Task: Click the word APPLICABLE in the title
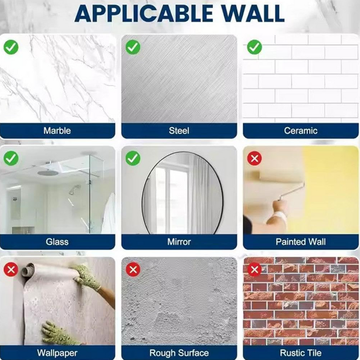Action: click(144, 13)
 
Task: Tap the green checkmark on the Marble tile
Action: click(11, 47)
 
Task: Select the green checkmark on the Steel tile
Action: click(133, 47)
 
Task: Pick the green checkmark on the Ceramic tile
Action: click(254, 47)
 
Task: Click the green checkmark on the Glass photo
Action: click(11, 158)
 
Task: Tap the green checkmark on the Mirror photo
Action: click(133, 158)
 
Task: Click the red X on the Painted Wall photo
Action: click(254, 158)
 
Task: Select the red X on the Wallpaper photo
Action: click(11, 269)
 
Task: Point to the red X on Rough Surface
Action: click(133, 269)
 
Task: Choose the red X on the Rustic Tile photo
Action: click(254, 269)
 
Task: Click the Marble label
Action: click(57, 130)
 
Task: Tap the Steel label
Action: click(179, 130)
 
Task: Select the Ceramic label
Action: click(301, 130)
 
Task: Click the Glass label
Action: click(57, 242)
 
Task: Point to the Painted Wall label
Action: click(301, 242)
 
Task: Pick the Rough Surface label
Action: click(179, 353)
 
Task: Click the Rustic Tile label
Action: click(301, 353)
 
